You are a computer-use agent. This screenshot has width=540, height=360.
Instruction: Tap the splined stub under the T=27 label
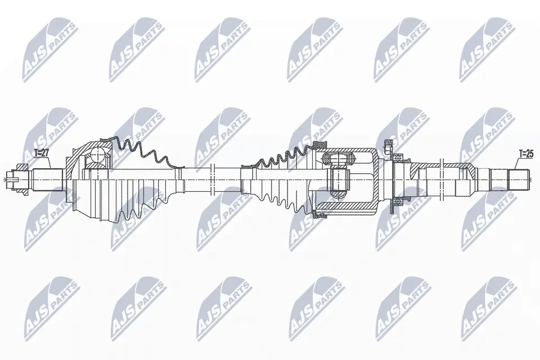click(x=46, y=179)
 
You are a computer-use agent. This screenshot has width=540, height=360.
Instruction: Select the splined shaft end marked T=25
click(x=519, y=178)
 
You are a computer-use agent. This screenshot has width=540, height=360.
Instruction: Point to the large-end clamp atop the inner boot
click(x=319, y=146)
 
